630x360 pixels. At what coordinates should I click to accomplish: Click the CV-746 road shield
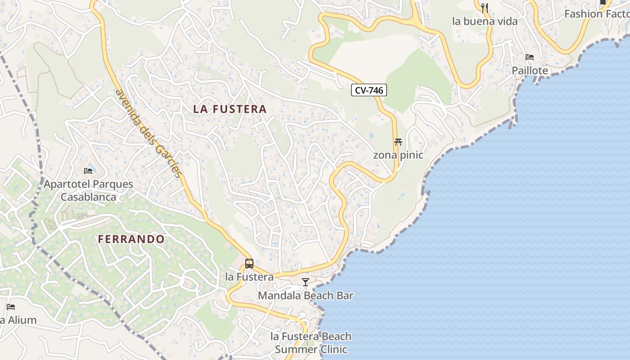point(369,90)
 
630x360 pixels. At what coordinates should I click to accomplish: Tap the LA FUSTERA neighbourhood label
point(230,109)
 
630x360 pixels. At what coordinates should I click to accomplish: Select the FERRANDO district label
point(131,239)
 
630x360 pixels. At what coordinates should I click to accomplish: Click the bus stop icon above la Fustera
point(249,264)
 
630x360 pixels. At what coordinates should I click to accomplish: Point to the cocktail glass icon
point(306,282)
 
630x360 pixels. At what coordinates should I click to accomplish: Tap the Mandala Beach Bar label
point(306,296)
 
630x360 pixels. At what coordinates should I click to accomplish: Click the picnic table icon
point(398,142)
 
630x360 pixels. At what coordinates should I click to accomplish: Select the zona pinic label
point(398,155)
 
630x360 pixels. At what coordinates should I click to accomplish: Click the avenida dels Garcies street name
point(149,133)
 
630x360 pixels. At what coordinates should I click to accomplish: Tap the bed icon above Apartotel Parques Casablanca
point(88,171)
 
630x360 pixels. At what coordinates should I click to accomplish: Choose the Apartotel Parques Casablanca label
point(88,190)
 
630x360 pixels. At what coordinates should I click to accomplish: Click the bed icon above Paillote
point(530,57)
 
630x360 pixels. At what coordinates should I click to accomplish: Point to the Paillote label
point(530,71)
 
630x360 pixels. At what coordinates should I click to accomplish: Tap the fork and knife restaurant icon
point(485,8)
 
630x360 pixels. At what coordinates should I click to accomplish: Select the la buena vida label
point(485,21)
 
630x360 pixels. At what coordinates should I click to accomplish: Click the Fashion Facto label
point(597,14)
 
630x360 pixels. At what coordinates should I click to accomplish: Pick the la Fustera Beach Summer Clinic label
point(311,343)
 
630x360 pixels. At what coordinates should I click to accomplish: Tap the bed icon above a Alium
point(11,307)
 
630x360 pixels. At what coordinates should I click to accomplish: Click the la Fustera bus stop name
point(249,277)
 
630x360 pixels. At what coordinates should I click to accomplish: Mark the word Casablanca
point(88,197)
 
